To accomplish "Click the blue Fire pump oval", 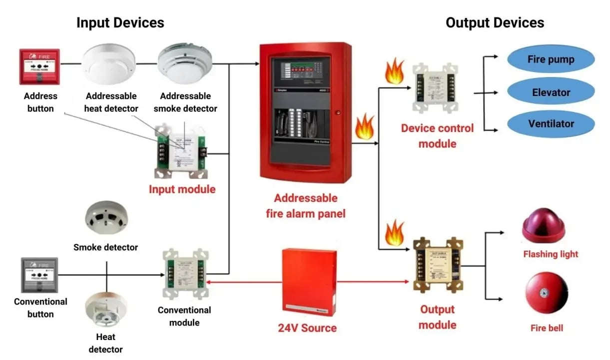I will click(551, 59).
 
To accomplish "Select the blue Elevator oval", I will click(551, 92).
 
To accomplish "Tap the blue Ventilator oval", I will click(551, 123).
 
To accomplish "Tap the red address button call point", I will click(39, 66).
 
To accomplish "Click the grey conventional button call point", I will click(39, 275).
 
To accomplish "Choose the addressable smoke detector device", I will click(185, 62).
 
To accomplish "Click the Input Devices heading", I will click(120, 22).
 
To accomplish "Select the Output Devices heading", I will click(495, 22).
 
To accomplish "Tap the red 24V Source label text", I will click(307, 328).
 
